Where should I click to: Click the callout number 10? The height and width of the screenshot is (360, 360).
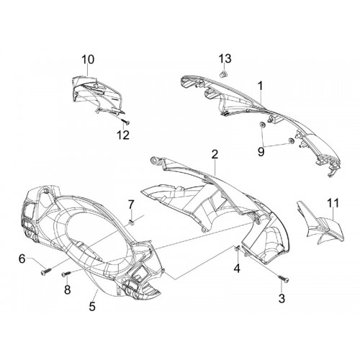click(x=88, y=60)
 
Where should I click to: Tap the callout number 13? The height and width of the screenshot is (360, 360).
click(x=225, y=58)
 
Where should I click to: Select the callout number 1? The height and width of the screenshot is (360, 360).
click(x=260, y=86)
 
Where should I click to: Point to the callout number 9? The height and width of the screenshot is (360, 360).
click(x=261, y=152)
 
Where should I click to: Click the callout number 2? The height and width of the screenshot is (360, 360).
click(x=215, y=154)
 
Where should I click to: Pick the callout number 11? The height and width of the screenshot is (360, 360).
click(x=332, y=203)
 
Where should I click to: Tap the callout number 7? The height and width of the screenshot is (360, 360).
click(x=131, y=204)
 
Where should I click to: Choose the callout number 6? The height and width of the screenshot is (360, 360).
click(x=22, y=259)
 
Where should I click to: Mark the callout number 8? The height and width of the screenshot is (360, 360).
click(x=68, y=289)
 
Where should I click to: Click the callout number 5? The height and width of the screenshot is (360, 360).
click(x=92, y=307)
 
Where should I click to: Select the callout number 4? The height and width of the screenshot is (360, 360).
click(x=237, y=268)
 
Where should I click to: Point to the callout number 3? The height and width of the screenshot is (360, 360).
click(x=282, y=298)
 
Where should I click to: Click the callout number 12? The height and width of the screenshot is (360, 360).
click(x=123, y=135)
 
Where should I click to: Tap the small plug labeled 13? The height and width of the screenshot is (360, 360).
click(x=224, y=73)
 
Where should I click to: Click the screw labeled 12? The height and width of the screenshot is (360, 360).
click(x=125, y=122)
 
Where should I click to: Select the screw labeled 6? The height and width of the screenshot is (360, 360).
click(x=47, y=271)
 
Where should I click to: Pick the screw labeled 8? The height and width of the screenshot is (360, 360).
click(x=66, y=274)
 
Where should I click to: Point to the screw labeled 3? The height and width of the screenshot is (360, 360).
click(x=284, y=279)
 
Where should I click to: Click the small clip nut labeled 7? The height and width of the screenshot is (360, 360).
click(x=132, y=222)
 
